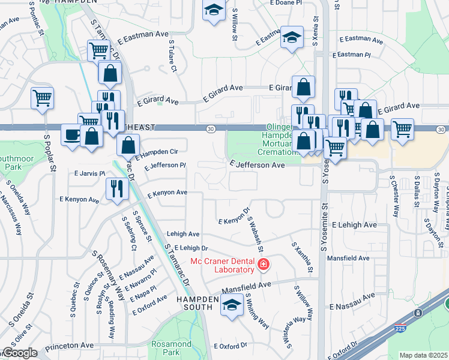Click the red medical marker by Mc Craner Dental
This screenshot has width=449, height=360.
[x=263, y=264]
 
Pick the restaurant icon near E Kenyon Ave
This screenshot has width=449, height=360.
[x=116, y=188]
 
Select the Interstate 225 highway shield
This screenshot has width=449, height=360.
[x=418, y=314]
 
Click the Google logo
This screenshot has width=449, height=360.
[x=19, y=353]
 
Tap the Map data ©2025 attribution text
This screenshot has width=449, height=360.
[x=424, y=355]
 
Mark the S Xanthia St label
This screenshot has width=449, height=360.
[x=302, y=257]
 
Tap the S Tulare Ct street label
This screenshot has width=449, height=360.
[x=172, y=57]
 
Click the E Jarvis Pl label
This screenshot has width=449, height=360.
[x=89, y=173]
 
